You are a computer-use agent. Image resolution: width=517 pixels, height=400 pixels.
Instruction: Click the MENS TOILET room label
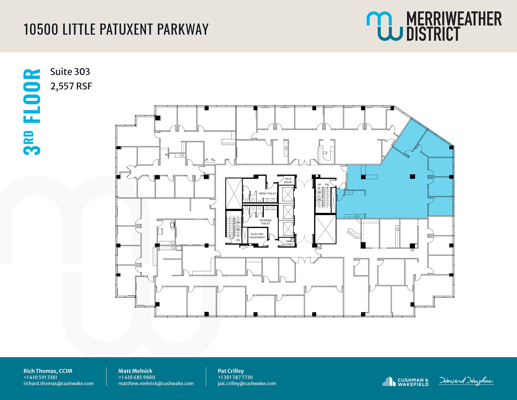[x=267, y=194]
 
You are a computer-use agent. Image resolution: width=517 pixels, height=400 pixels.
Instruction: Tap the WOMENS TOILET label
[x=265, y=222]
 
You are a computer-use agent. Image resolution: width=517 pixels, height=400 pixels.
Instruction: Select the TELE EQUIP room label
[x=288, y=180]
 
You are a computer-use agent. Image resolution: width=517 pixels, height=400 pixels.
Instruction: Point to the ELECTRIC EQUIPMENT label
[x=257, y=236]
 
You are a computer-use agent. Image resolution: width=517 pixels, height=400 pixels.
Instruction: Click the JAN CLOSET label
[x=288, y=243]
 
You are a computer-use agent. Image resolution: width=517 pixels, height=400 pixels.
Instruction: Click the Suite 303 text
[x=70, y=72]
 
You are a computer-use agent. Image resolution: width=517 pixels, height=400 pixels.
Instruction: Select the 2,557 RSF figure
[x=71, y=86]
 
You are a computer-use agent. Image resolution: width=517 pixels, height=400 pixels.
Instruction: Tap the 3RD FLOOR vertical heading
[x=32, y=112]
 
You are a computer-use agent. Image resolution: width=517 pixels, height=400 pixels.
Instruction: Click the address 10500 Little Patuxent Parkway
[x=116, y=29]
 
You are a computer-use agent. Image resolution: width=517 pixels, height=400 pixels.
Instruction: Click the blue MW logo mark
[x=384, y=26]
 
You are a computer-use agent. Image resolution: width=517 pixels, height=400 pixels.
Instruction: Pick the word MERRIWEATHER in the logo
[x=454, y=19]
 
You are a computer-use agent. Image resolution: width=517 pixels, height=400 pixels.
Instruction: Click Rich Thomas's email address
[x=59, y=383]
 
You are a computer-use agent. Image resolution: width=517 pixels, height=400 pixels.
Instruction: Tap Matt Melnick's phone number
[x=137, y=377]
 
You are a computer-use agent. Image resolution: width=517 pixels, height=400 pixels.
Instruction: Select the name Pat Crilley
[x=231, y=371]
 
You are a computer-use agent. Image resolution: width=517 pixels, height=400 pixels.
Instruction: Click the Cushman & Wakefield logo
[x=405, y=382]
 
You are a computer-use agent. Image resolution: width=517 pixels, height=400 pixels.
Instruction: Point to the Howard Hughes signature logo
[x=466, y=381]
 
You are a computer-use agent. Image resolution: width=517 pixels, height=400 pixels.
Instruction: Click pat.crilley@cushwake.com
[x=247, y=383]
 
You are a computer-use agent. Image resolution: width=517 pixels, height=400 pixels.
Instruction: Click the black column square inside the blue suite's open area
[x=412, y=176]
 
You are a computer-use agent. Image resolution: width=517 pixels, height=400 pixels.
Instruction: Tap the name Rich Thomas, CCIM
[x=48, y=371]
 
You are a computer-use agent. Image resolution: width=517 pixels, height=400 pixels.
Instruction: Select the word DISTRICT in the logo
[x=433, y=34]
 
